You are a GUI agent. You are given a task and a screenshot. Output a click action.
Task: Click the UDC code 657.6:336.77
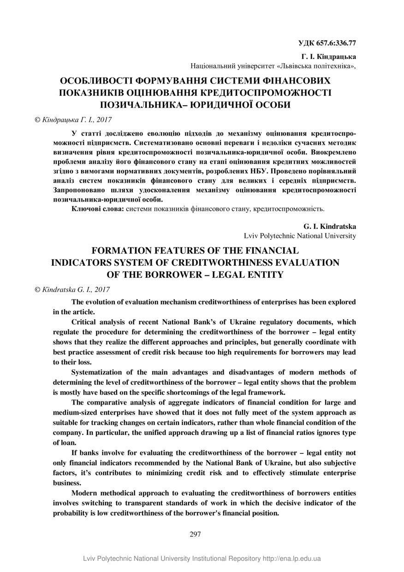click(337, 43)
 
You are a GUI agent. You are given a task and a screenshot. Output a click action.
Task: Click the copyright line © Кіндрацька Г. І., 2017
click(74, 119)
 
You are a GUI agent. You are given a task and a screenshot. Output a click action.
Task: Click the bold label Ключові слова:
click(98, 209)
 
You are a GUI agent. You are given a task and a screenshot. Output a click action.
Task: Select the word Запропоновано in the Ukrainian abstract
click(75, 190)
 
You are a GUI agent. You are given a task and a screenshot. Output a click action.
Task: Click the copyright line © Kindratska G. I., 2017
click(72, 289)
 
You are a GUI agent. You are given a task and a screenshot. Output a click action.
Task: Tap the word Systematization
click(97, 372)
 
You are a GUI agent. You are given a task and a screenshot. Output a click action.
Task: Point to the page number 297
click(195, 534)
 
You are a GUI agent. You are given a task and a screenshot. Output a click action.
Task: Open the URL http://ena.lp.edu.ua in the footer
click(291, 559)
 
